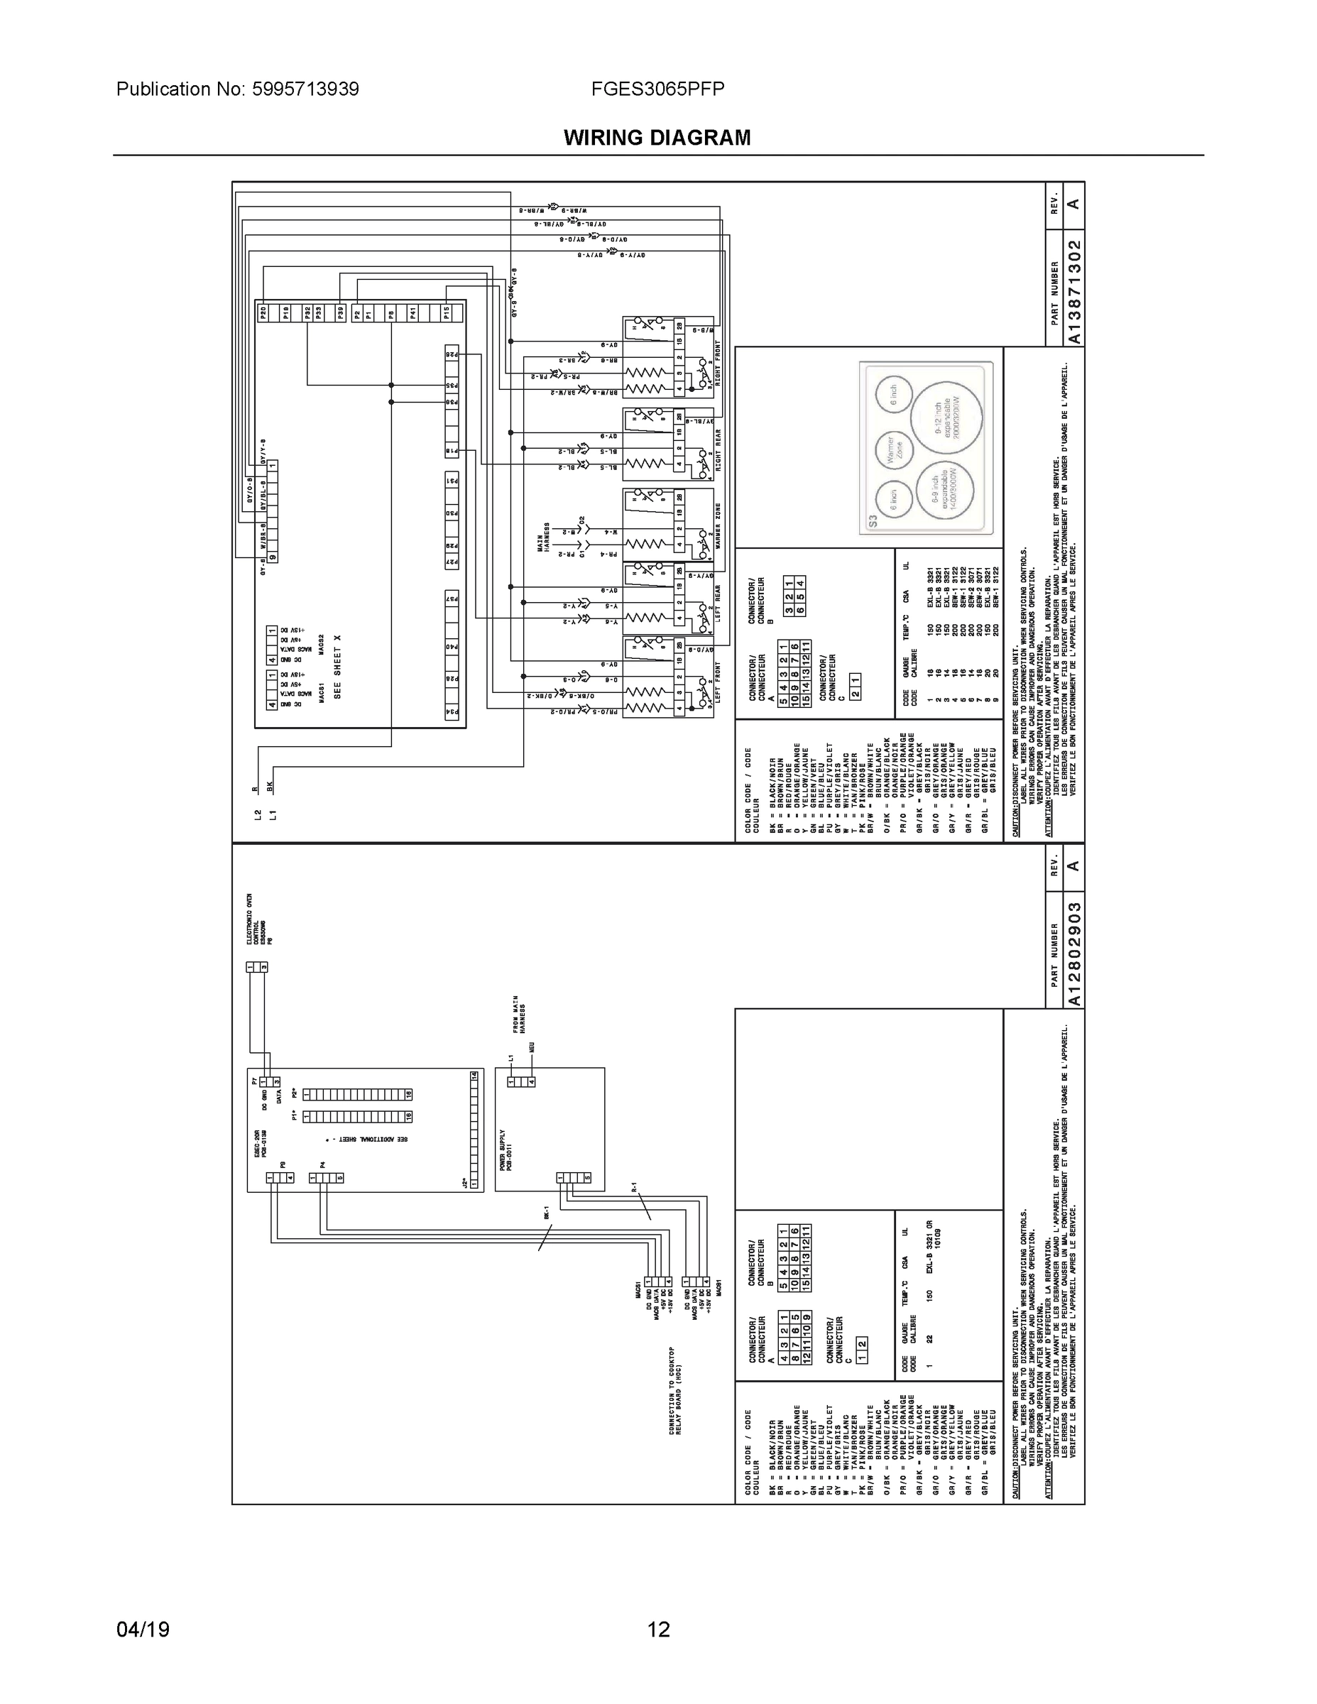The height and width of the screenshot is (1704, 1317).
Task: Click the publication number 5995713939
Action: tap(305, 89)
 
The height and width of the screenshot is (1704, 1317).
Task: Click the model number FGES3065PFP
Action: tap(657, 89)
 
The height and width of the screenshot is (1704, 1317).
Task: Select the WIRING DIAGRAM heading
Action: tap(657, 138)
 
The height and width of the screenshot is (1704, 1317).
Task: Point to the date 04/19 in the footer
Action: tap(143, 1629)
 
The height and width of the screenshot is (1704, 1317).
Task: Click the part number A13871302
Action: tap(1074, 292)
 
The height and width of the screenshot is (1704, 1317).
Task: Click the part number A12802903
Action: tap(1074, 954)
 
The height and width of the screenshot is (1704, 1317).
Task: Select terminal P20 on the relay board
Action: tap(263, 314)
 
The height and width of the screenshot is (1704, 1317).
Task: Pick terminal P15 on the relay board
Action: tap(447, 314)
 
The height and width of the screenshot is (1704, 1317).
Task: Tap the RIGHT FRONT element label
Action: tap(718, 364)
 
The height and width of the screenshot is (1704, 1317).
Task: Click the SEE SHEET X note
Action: tap(338, 667)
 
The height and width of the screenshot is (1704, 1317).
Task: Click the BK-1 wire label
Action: tap(546, 1214)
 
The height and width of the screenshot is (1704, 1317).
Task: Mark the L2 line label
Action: tap(258, 815)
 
